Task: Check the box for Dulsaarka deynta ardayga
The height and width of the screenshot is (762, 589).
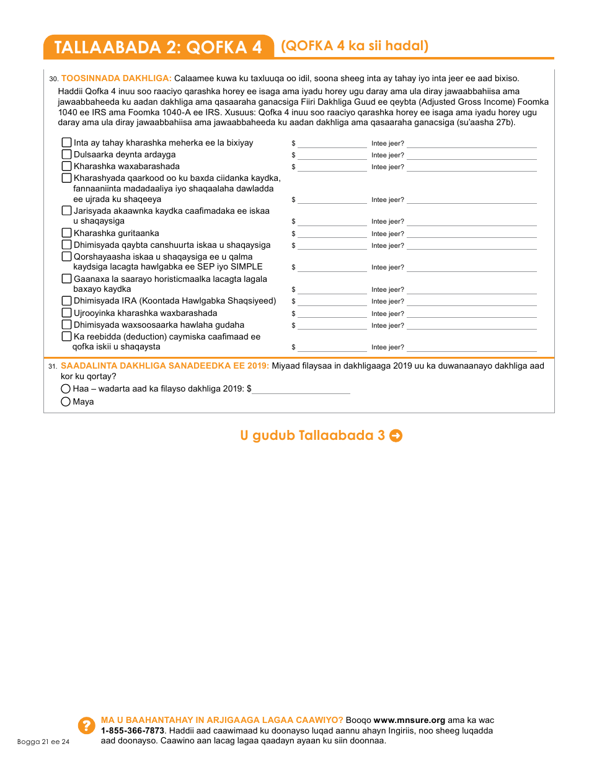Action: [67, 154]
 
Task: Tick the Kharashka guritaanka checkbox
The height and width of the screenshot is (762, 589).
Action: [67, 233]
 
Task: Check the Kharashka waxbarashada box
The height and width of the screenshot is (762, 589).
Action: [67, 166]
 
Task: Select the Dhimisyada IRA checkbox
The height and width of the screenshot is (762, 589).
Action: [67, 301]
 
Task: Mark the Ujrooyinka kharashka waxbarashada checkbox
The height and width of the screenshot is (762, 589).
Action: [67, 313]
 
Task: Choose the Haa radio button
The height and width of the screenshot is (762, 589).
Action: [66, 389]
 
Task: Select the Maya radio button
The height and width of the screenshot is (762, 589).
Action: [66, 402]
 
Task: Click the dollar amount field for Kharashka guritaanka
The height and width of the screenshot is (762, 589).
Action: [332, 234]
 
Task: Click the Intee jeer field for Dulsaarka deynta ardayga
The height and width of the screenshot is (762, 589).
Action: [471, 155]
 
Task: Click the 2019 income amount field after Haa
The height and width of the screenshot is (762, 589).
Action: [301, 389]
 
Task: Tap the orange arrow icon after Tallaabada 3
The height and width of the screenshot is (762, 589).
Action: [396, 436]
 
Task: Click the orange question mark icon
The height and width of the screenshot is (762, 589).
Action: [86, 725]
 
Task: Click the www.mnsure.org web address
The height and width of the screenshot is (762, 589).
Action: [409, 720]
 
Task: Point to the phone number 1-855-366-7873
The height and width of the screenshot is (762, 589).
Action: [128, 730]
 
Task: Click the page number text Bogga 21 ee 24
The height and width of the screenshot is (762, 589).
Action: [43, 742]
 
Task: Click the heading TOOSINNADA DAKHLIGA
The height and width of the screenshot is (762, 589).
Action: [116, 78]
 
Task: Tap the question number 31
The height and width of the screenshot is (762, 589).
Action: [53, 366]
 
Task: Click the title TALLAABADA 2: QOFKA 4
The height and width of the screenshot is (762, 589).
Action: [158, 47]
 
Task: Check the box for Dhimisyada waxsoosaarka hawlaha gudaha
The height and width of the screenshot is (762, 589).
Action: [67, 325]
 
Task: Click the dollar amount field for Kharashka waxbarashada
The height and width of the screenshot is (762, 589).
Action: [332, 167]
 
